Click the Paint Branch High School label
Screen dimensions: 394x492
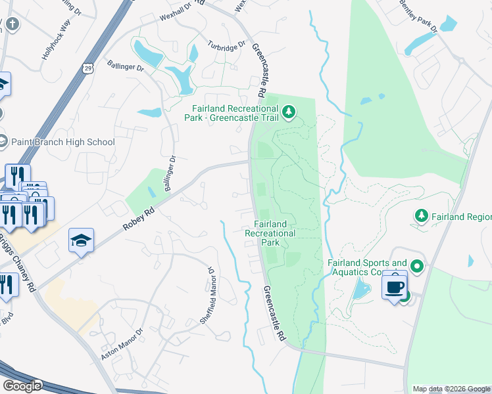coord(64,142)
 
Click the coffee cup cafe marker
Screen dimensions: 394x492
coord(395,286)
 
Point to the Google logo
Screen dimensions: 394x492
coord(22,386)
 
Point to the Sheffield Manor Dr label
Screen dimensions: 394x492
coord(209,295)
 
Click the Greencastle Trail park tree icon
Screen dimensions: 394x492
coord(288,114)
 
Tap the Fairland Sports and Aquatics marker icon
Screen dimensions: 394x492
coord(416,267)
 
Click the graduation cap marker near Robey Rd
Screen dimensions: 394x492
coord(81,241)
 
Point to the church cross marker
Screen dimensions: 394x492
coord(12,25)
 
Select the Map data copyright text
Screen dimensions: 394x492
coord(451,389)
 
